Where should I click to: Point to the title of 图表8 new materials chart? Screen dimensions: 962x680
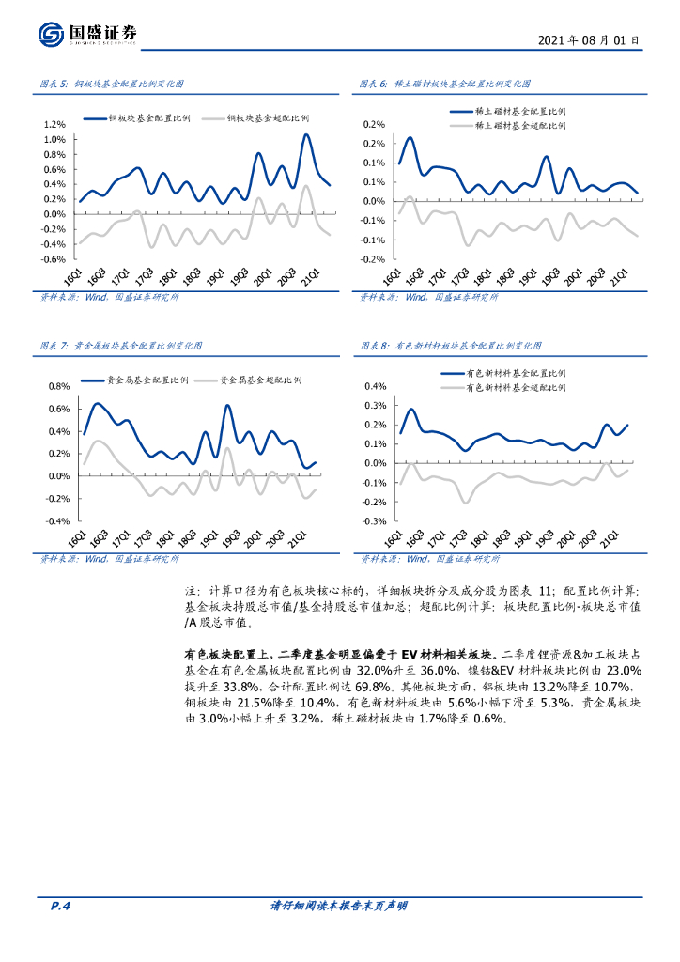452,346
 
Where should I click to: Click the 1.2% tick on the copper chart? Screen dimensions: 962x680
54,124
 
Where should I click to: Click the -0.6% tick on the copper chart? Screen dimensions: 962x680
53,259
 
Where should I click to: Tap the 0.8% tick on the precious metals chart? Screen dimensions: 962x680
58,386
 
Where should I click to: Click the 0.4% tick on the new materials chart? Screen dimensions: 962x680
375,386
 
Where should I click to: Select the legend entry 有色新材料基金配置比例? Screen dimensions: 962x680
517,373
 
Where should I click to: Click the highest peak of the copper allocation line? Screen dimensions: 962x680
305,134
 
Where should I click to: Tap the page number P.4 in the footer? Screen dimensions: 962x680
60,906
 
